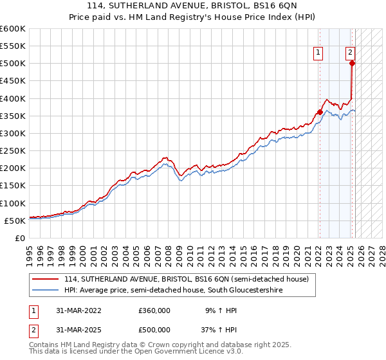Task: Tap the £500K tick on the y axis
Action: (12, 64)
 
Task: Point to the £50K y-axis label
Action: (15, 221)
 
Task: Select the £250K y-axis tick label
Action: (12, 151)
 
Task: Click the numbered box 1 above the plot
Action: (318, 53)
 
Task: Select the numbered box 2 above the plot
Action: (350, 53)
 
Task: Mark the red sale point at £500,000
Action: (352, 63)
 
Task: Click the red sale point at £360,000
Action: (320, 113)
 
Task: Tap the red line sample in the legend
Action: (46, 280)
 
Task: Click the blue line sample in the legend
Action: (46, 291)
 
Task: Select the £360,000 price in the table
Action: (154, 310)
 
